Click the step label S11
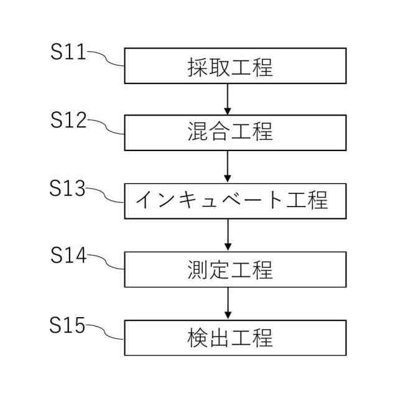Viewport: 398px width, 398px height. pos(68,52)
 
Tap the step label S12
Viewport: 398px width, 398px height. pos(68,121)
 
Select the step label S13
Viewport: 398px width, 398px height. pos(68,189)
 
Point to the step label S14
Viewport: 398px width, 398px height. pos(68,256)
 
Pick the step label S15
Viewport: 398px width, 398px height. pos(68,325)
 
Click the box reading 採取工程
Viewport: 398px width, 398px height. pos(235,66)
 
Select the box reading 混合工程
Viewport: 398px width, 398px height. pos(235,132)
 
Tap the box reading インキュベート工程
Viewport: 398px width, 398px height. pos(235,201)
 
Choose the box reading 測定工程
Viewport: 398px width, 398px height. pos(235,269)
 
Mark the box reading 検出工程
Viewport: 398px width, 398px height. pos(235,338)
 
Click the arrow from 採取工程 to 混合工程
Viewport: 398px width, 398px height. pos(228,98)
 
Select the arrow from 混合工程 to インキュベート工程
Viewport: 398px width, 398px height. pos(228,166)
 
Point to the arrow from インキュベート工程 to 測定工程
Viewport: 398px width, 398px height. pos(228,234)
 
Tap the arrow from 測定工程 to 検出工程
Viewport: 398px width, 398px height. pos(228,303)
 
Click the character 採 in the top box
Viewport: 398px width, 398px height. pos(197,67)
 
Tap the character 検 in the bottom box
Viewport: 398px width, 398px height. pos(197,338)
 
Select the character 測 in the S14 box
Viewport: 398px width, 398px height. pos(197,270)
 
